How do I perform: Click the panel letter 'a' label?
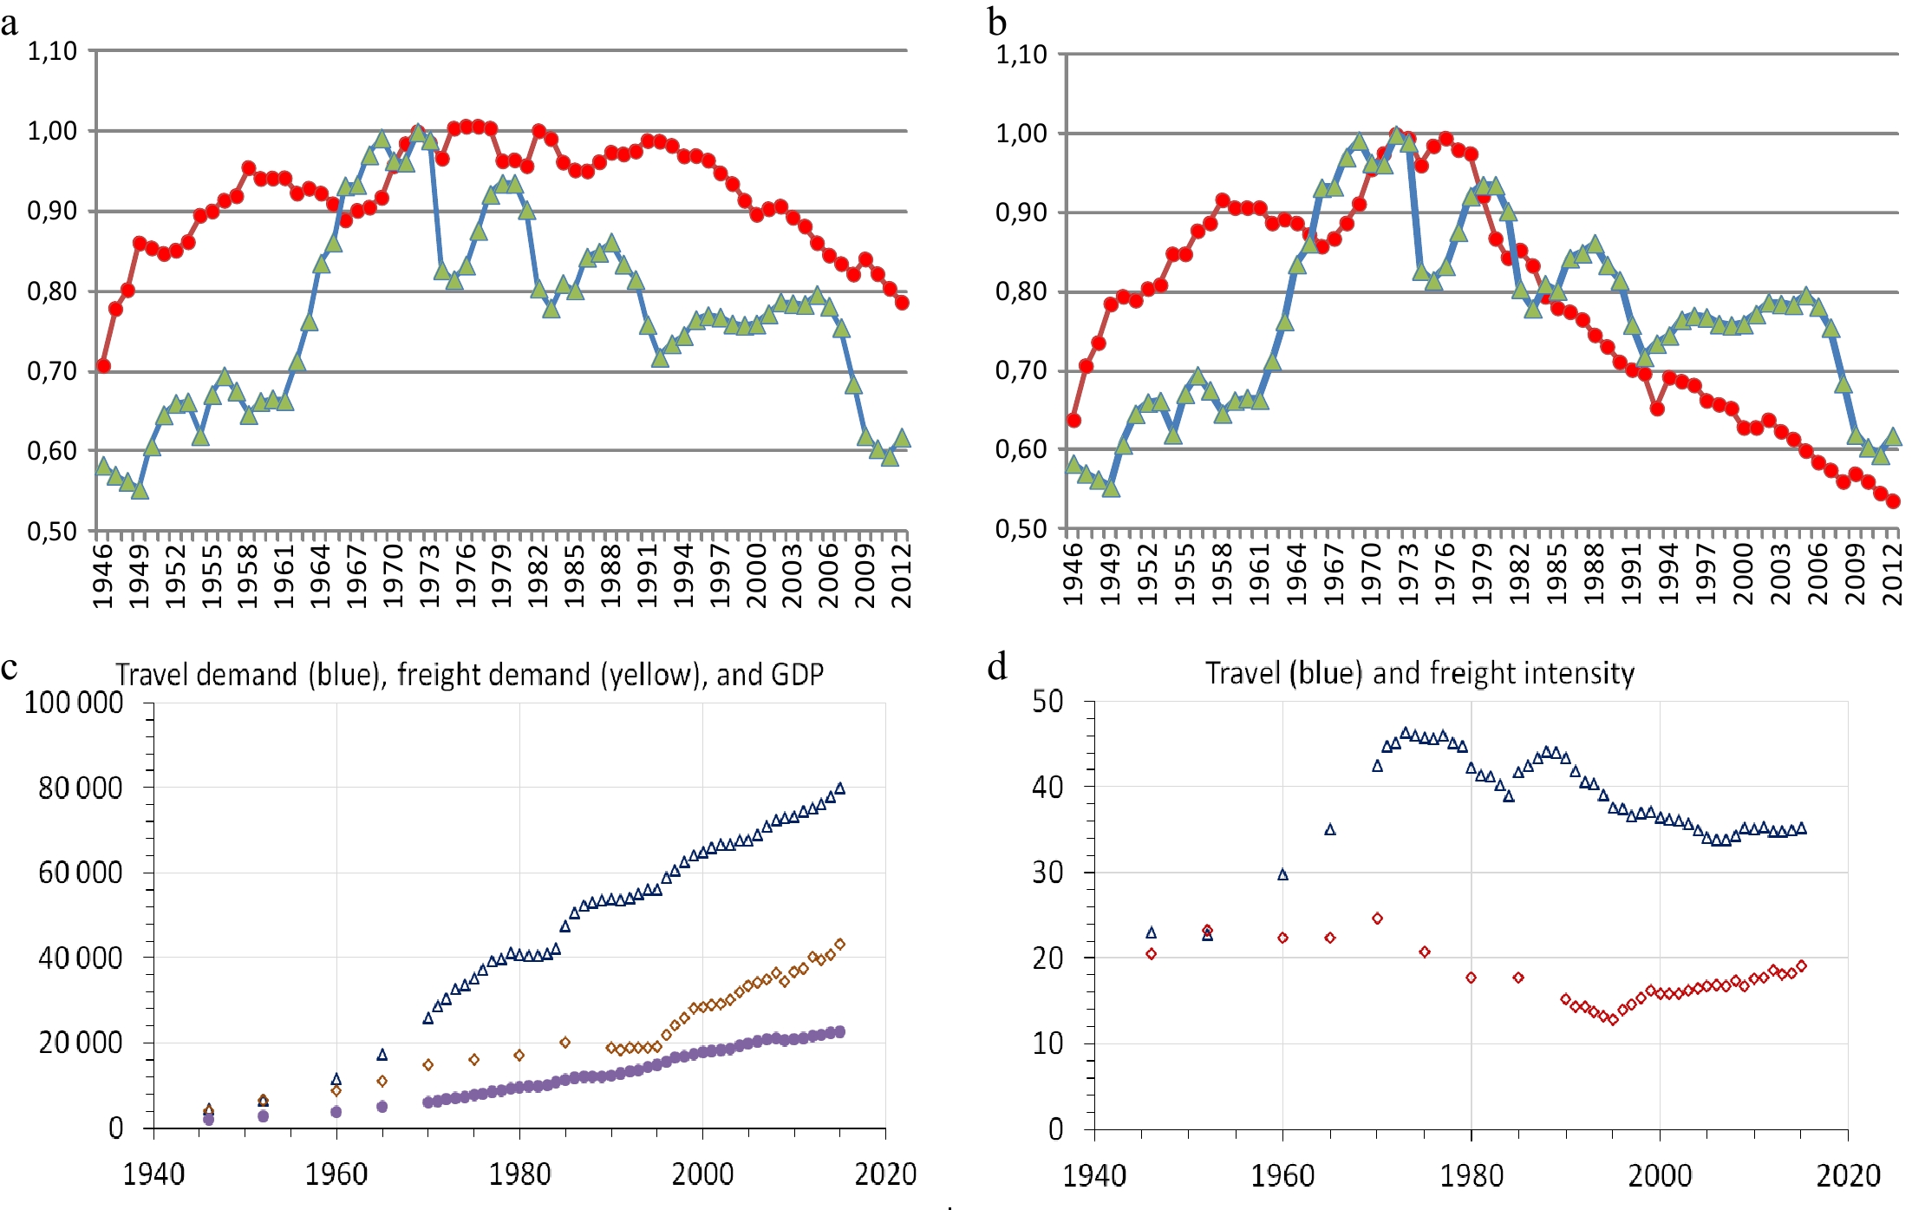click(10, 23)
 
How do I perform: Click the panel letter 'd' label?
click(997, 667)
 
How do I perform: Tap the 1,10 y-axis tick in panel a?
click(52, 51)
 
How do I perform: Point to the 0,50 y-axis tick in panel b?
click(1021, 528)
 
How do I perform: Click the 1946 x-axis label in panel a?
click(103, 574)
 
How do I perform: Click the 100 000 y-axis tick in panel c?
click(75, 703)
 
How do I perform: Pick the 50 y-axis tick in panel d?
click(1047, 701)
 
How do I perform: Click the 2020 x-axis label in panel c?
click(884, 1174)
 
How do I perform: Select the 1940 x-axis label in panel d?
click(1094, 1176)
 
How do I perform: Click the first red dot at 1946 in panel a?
click(103, 366)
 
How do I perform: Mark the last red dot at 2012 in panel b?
click(1893, 501)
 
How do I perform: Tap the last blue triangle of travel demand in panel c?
click(839, 788)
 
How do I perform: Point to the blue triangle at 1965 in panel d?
click(1330, 830)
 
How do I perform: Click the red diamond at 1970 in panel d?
click(1377, 919)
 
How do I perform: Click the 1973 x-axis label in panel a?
click(430, 574)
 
